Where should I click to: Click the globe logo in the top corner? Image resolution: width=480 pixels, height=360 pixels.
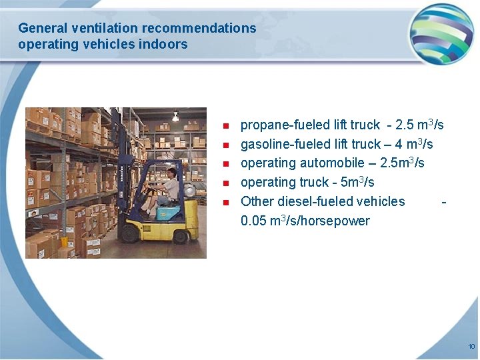(x=441, y=33)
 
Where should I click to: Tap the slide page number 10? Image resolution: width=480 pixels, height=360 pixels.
(x=471, y=346)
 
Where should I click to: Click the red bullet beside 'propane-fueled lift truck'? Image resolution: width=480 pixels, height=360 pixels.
(x=226, y=126)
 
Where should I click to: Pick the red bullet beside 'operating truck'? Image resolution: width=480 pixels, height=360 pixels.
(x=226, y=183)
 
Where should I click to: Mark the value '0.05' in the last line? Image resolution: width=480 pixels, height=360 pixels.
(x=255, y=221)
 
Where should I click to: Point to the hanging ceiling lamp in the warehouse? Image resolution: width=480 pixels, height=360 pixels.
(x=175, y=117)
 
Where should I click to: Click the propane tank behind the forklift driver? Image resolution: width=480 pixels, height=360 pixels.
(x=189, y=191)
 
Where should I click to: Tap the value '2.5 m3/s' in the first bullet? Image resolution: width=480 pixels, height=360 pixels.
(x=419, y=125)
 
